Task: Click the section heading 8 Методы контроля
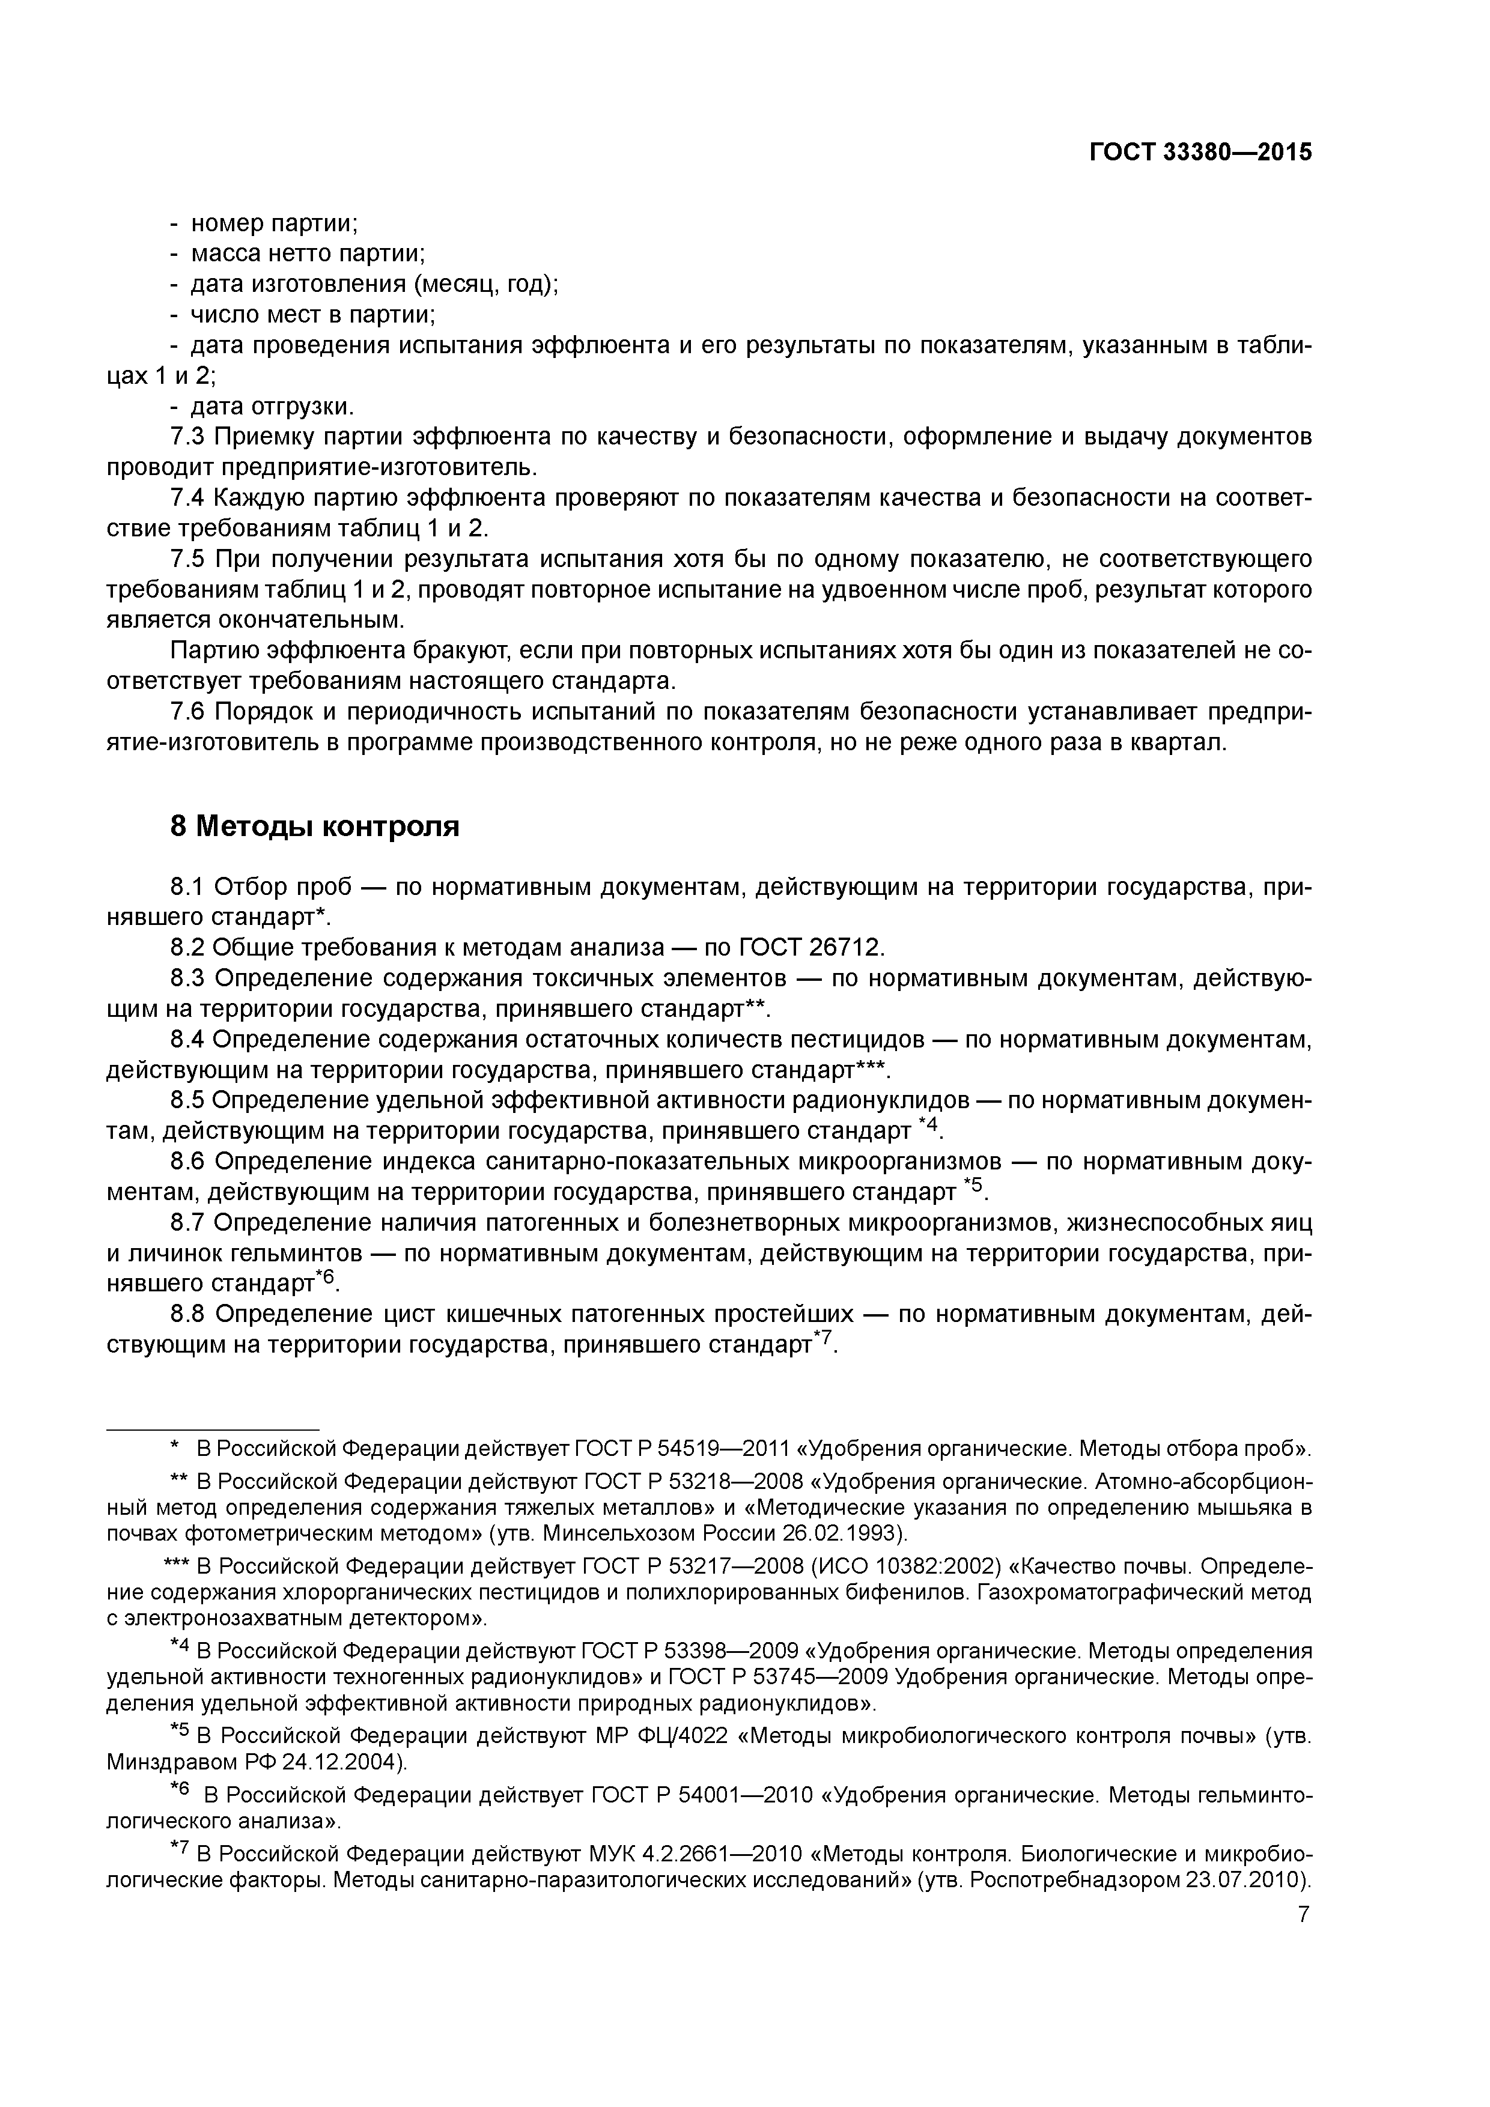(314, 827)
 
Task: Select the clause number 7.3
(189, 437)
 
